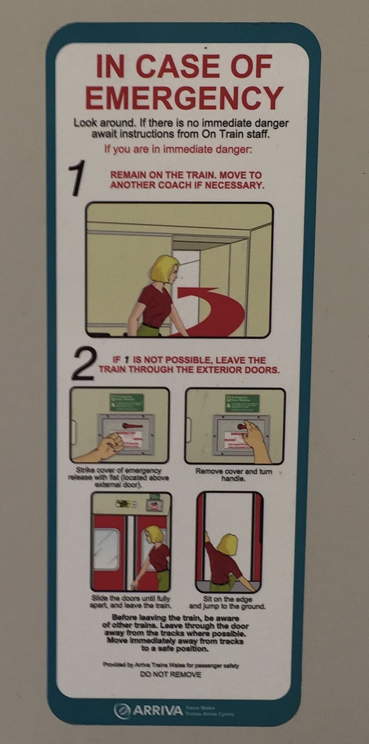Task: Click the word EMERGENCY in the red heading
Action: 184,97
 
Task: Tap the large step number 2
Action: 84,365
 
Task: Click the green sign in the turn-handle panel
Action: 242,403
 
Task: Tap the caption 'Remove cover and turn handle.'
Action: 233,475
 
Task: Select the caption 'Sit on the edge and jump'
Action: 227,602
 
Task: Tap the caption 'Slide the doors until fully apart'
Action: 130,602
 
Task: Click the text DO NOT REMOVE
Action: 171,674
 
